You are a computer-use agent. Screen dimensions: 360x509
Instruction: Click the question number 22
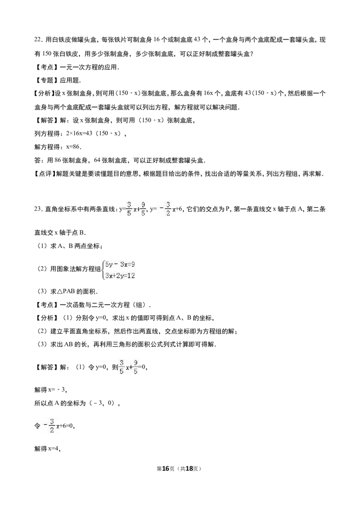(x=38, y=40)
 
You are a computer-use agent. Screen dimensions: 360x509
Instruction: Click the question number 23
(x=38, y=209)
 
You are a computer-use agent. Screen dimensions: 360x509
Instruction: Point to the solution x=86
(x=73, y=147)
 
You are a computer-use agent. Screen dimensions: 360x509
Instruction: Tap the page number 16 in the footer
(x=166, y=469)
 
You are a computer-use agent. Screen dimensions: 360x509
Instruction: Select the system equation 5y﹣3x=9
(x=120, y=264)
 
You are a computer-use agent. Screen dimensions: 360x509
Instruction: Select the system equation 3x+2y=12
(x=120, y=276)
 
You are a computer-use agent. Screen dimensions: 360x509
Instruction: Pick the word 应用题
(x=70, y=80)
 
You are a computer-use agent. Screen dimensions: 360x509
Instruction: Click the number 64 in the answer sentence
(x=97, y=160)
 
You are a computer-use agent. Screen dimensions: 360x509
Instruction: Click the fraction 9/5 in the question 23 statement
(x=143, y=209)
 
